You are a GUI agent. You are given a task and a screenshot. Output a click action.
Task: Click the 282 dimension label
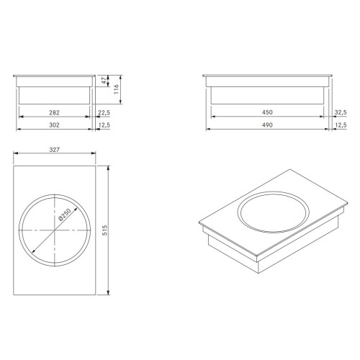click(x=54, y=112)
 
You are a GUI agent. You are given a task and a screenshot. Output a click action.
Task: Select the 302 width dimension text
click(x=54, y=125)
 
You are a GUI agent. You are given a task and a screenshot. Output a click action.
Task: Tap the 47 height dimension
click(x=104, y=81)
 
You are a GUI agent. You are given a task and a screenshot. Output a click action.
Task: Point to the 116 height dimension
click(x=117, y=89)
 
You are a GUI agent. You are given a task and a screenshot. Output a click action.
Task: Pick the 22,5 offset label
click(x=104, y=112)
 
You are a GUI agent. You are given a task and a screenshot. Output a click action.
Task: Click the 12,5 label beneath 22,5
click(x=104, y=125)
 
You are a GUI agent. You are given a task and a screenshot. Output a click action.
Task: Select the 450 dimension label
click(x=267, y=112)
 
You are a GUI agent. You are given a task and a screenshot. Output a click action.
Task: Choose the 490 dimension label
click(x=267, y=125)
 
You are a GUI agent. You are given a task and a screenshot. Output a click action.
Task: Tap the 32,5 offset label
click(x=341, y=112)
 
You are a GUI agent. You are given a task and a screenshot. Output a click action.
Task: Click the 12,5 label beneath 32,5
click(x=341, y=125)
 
